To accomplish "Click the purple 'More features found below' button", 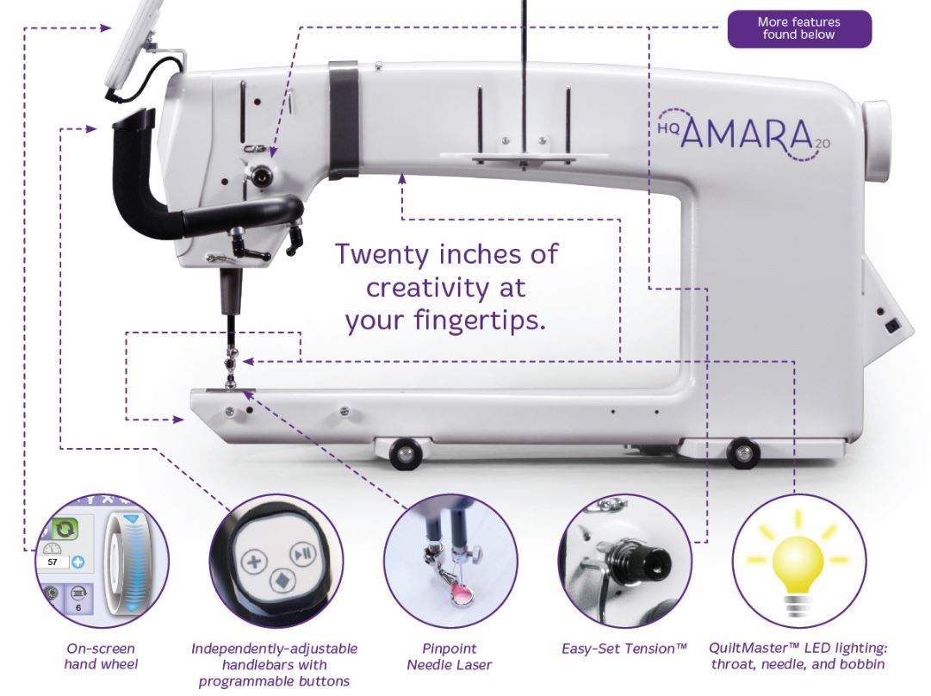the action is tap(799, 28).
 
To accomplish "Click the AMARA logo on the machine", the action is tap(745, 134).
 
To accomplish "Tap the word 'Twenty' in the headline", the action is tap(382, 255).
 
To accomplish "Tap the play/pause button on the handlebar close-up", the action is tap(301, 555).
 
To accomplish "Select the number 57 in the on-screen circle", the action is tap(53, 562).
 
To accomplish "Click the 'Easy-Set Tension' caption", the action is tap(624, 649).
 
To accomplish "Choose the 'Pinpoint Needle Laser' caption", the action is tap(450, 656).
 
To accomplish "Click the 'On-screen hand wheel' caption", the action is tap(101, 656).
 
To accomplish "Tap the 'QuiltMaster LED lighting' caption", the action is tap(798, 656).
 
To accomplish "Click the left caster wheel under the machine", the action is tap(406, 454).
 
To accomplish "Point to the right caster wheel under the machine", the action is tap(742, 453).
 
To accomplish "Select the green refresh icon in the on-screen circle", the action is tap(65, 528).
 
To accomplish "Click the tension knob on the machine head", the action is tap(260, 174).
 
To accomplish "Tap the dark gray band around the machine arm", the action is tap(344, 120).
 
